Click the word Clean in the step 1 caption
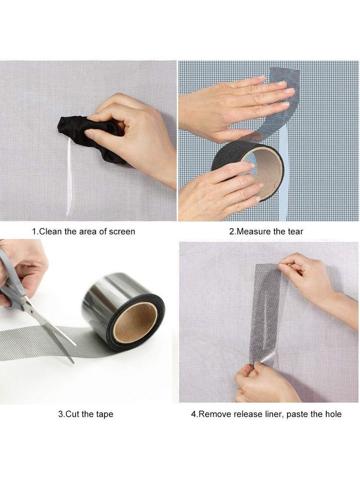[x=49, y=232]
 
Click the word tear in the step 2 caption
[x=295, y=232]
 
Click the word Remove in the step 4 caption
[x=213, y=414]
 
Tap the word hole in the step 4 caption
[x=333, y=414]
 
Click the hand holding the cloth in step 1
[x=130, y=135]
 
